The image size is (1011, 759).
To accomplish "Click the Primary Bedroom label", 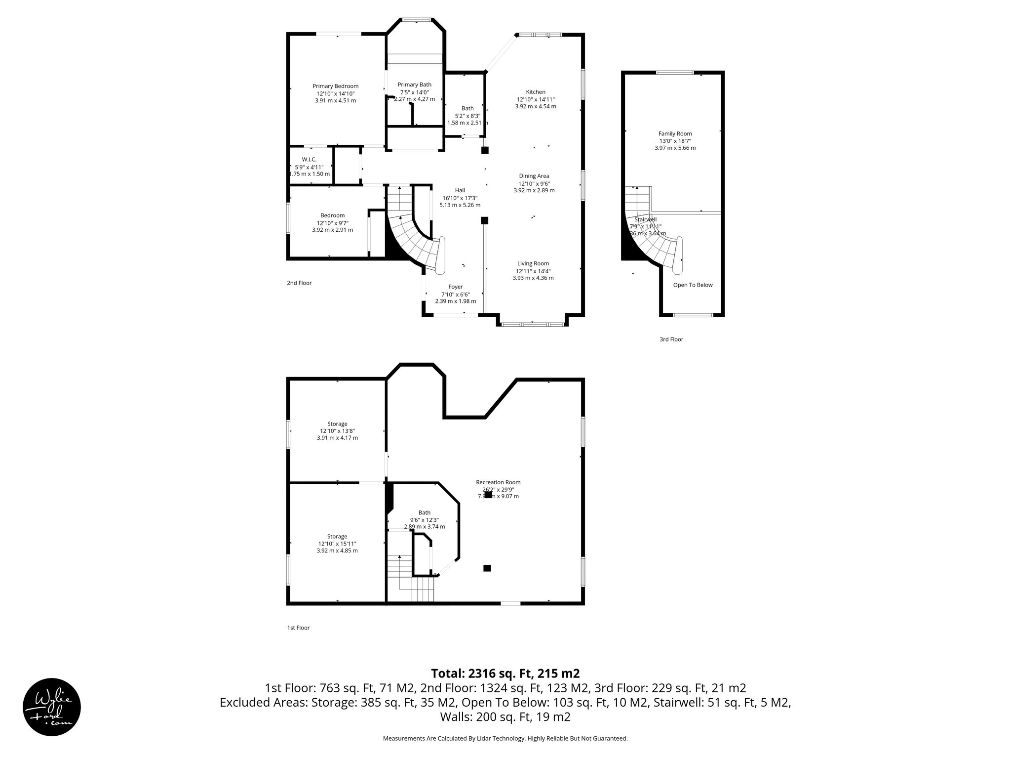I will coord(335,86).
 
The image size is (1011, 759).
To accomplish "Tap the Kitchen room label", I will coord(536,92).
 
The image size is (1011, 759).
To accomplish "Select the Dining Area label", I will coord(534,176).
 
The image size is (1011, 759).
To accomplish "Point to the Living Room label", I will coord(533,263).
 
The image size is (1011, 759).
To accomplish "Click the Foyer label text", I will coord(455,287).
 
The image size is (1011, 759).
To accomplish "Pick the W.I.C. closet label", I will coord(309,159).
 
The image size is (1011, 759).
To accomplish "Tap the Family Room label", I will coord(675,133).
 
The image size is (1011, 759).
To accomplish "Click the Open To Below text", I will coord(693,285).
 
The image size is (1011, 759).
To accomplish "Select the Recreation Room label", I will coord(498,482).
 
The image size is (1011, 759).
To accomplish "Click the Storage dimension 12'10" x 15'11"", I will coord(337,544).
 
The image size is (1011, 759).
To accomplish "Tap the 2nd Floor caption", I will coord(299,283).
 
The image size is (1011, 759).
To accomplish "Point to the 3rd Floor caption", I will coord(671,339).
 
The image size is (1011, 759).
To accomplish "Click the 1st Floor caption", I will coord(298,628).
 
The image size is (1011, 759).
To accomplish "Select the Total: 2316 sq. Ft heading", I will coord(505,674).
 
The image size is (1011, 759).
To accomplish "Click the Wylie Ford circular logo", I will coord(52,707).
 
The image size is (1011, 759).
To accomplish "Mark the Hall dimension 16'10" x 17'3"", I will coord(460,198).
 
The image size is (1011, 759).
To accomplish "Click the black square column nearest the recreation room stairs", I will coord(487,568).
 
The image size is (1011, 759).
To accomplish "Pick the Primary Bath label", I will coord(414,84).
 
